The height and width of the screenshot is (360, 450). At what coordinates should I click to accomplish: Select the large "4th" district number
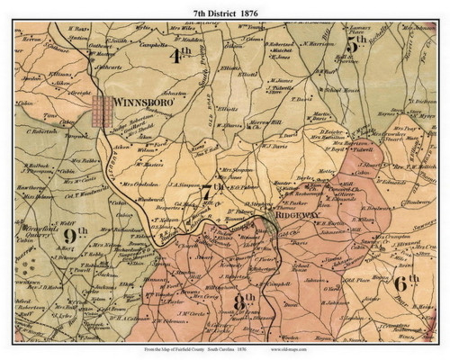180,55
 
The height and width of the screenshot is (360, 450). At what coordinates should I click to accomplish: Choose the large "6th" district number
407,283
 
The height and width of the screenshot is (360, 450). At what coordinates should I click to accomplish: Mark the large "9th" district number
76,235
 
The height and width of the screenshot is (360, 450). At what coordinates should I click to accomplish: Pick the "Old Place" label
343,281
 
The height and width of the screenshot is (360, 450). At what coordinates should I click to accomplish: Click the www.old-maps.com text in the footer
360,352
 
